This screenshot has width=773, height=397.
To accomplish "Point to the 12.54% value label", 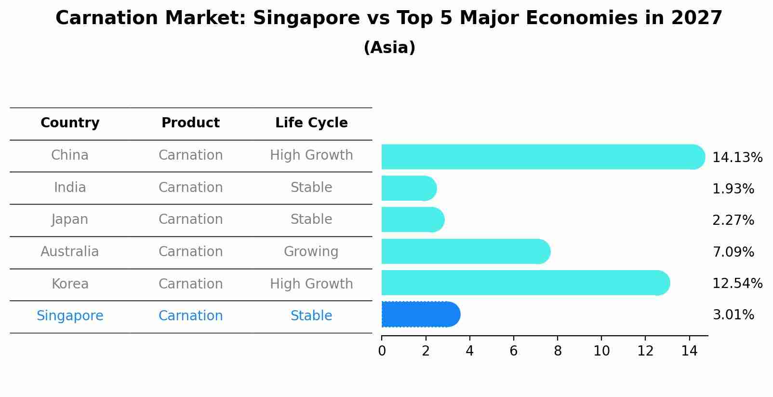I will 737,284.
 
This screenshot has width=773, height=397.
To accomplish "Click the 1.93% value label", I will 733,189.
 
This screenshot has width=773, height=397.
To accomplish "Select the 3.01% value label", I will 733,315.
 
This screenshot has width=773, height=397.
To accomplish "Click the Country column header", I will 70,123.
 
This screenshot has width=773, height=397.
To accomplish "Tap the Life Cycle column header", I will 311,123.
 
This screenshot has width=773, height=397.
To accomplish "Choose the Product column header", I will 190,123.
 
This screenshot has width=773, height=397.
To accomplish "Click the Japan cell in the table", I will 70,219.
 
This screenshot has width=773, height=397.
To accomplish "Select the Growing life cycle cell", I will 311,252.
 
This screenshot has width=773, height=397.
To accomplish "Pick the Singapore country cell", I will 70,316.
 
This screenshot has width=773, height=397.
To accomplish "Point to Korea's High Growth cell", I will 311,284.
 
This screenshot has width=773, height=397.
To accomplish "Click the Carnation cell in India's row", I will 190,188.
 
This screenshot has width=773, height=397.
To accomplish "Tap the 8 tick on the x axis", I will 558,351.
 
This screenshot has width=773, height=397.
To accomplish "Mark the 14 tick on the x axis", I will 689,351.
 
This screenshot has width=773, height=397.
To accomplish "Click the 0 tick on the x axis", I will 382,351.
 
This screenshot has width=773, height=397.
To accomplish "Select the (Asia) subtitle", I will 389,48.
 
